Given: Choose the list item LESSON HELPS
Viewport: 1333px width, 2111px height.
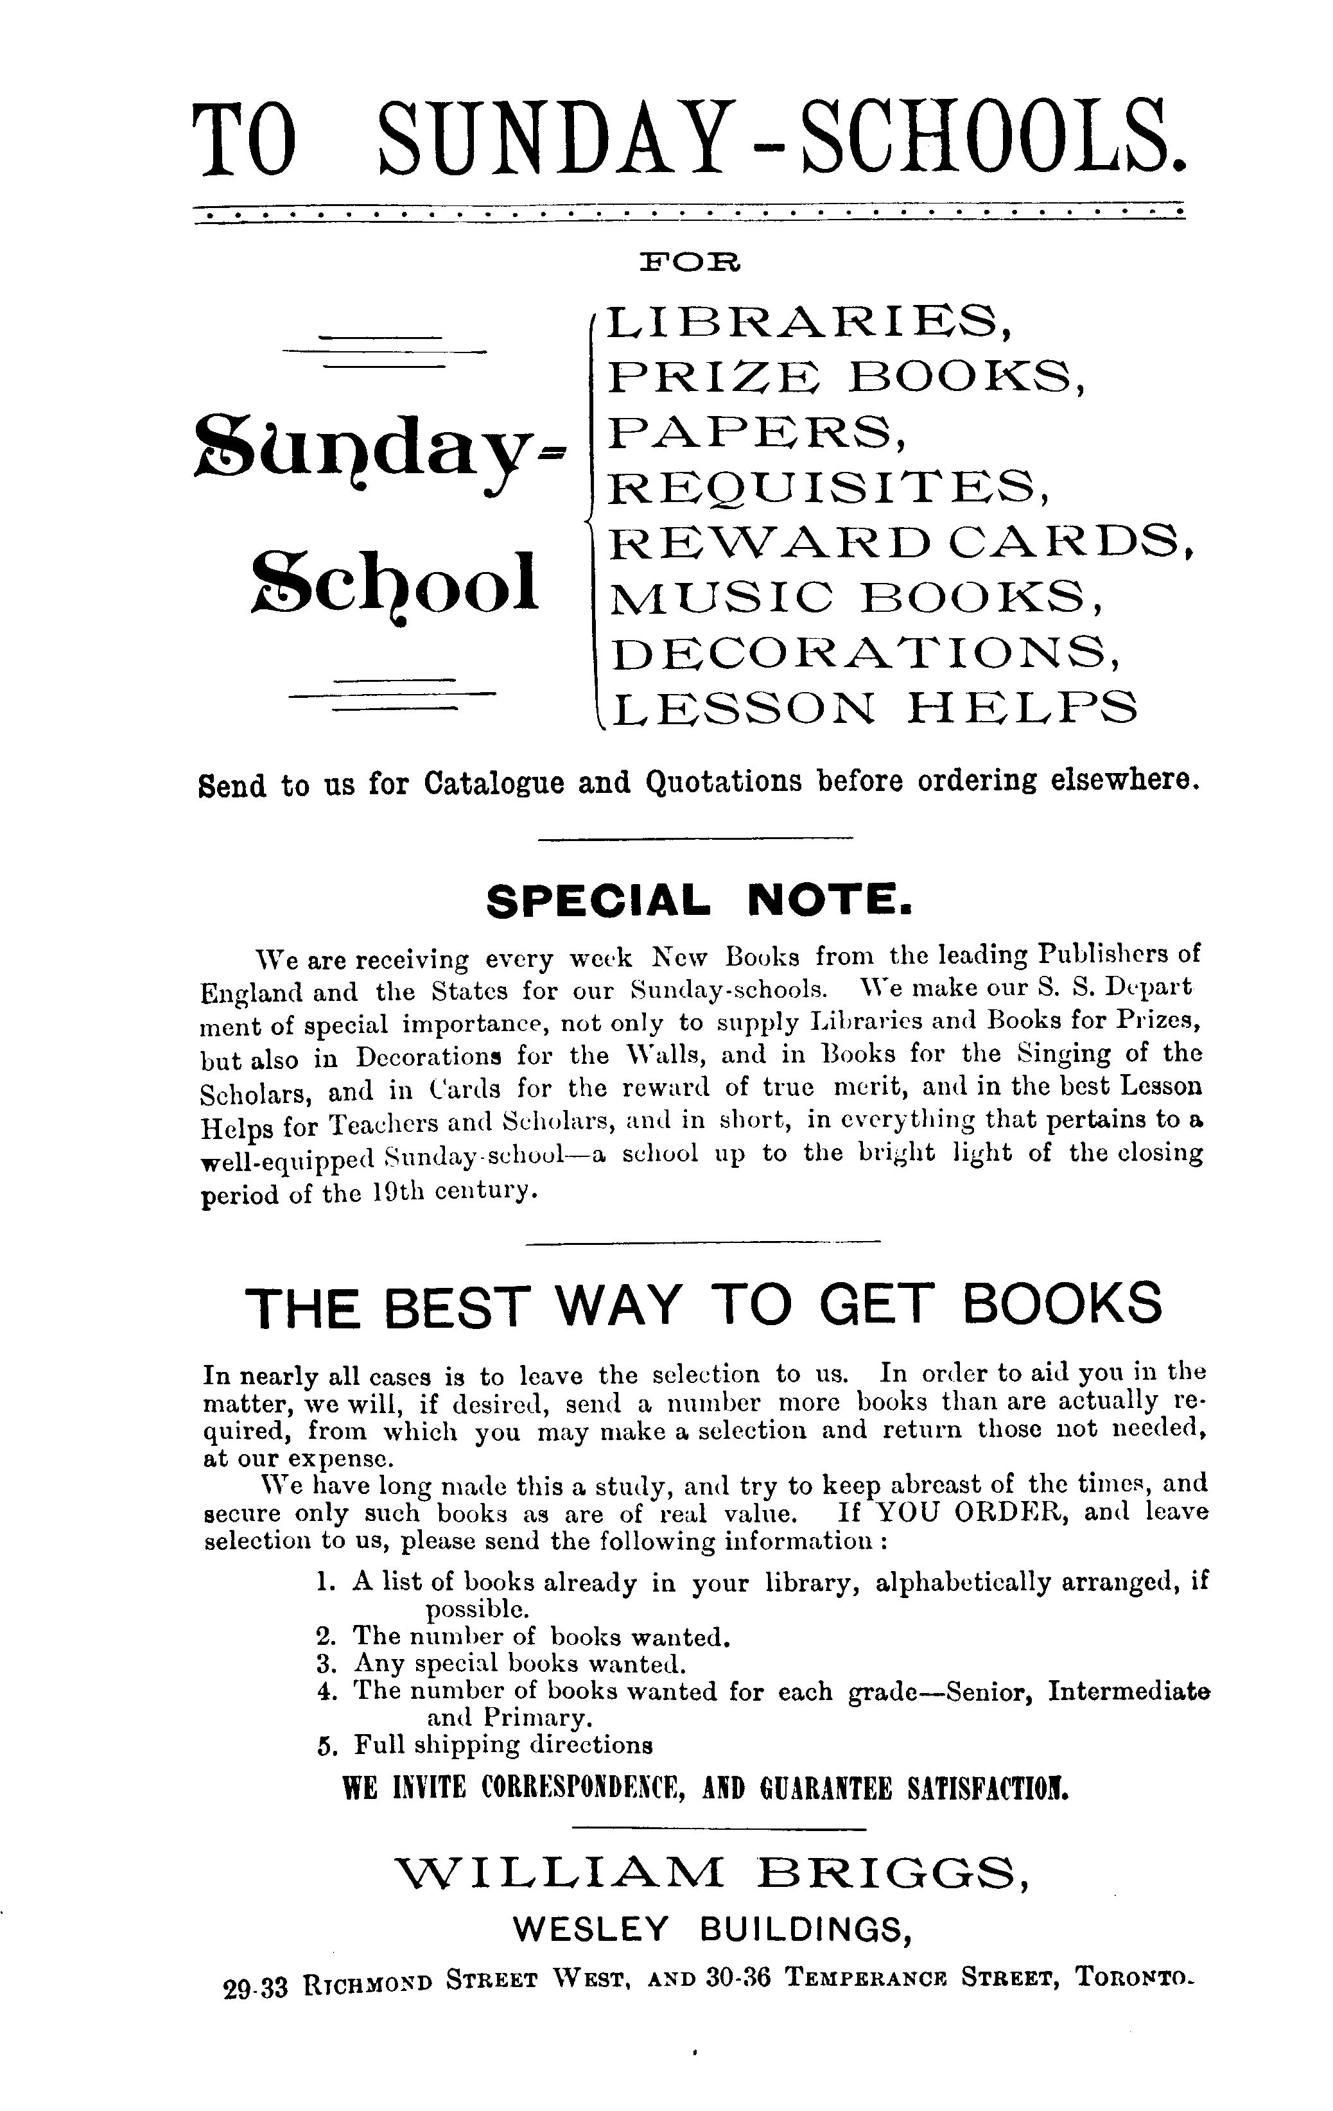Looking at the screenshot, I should click(x=873, y=708).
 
